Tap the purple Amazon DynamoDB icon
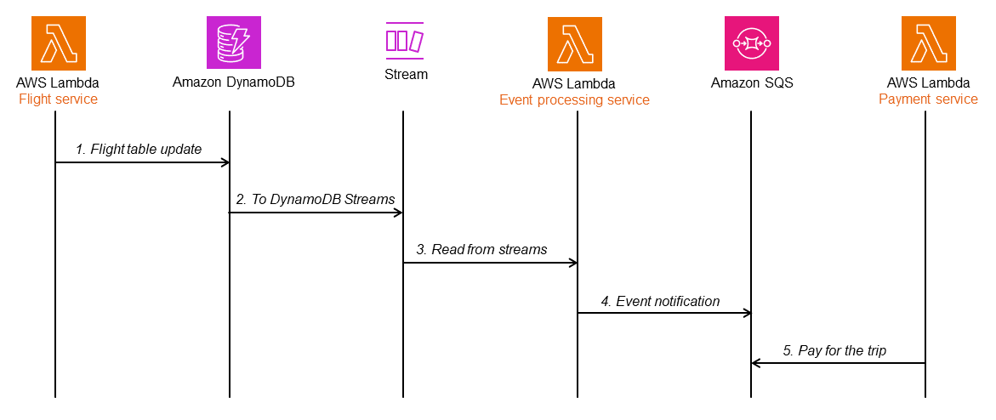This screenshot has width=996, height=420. [x=233, y=43]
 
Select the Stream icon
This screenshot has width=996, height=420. [x=405, y=40]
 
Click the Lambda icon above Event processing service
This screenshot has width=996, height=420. [x=574, y=43]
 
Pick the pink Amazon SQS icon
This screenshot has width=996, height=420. [x=752, y=43]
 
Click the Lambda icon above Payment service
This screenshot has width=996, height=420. [x=928, y=43]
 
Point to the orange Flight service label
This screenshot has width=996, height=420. [x=58, y=99]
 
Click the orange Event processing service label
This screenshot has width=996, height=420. [x=574, y=100]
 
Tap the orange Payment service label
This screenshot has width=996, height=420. [x=928, y=99]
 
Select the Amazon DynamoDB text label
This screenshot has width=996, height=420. [x=233, y=83]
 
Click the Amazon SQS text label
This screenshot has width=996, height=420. [x=752, y=83]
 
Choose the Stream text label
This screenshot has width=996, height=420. [x=406, y=74]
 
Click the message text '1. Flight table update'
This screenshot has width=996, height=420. [x=139, y=149]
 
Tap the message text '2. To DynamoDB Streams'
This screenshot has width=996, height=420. [x=316, y=199]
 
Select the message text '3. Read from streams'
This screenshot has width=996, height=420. [x=481, y=249]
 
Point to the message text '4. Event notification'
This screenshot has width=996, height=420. [x=660, y=301]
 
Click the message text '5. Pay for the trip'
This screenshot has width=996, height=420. [x=834, y=350]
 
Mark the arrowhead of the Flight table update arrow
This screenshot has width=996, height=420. [x=225, y=162]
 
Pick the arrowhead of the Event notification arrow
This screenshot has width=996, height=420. [x=747, y=313]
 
